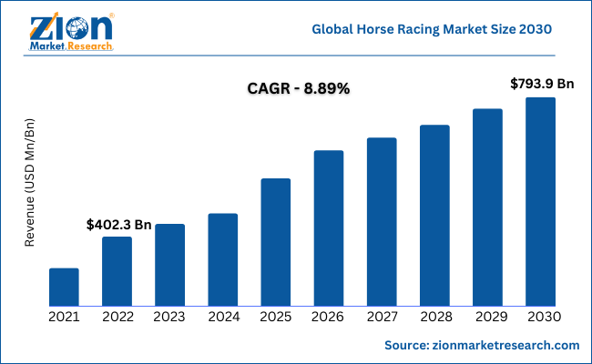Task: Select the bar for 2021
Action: coord(64,287)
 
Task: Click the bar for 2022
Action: coord(117,271)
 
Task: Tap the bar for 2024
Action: coord(222,259)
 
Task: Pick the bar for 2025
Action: coord(275,242)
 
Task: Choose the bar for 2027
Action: coord(382,221)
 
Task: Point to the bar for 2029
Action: coord(487,207)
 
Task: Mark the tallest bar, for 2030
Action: coord(540,201)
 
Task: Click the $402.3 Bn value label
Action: coord(118,224)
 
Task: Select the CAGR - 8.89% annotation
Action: coord(299,89)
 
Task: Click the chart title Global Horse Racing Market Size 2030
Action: coord(432,29)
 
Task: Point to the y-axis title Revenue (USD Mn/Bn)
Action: coord(29,182)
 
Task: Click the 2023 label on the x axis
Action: coord(169,317)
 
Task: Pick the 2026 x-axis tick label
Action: coord(329,317)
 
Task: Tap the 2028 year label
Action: coord(434,317)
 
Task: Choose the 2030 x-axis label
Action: coord(541,317)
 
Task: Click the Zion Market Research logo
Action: coord(72,33)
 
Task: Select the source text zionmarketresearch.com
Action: coord(482,346)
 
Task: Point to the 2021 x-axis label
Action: coord(64,317)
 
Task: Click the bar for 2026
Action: coord(329,227)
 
